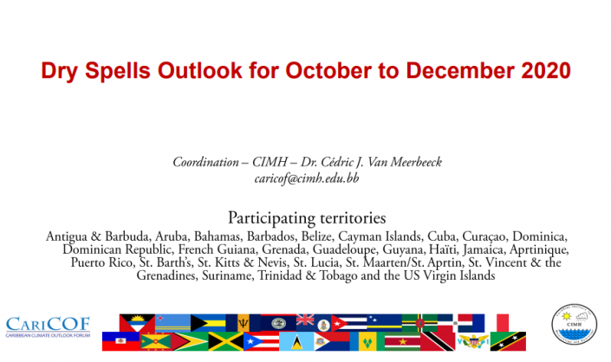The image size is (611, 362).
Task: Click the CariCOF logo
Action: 48,327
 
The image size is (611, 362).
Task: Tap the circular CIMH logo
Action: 575,325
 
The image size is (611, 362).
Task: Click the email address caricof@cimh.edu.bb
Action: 306,178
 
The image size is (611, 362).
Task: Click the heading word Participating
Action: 273,218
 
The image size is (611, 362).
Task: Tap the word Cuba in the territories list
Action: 441,236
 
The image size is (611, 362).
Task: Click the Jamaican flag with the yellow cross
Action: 226,341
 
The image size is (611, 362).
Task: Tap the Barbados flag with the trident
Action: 244,323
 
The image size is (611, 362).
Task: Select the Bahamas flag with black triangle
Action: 208,323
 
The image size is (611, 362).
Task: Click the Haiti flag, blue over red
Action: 120,341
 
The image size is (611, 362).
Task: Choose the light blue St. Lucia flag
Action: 296,341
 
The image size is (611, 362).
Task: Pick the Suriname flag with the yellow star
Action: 402,341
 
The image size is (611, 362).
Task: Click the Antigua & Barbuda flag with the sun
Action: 137,323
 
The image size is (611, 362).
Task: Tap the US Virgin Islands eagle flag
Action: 473,341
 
